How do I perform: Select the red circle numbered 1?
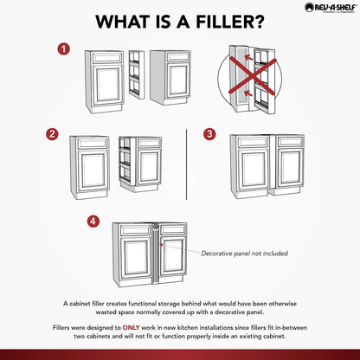tap(63, 49)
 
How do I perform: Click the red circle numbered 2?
tap(54, 134)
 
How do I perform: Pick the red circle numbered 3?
tap(209, 134)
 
